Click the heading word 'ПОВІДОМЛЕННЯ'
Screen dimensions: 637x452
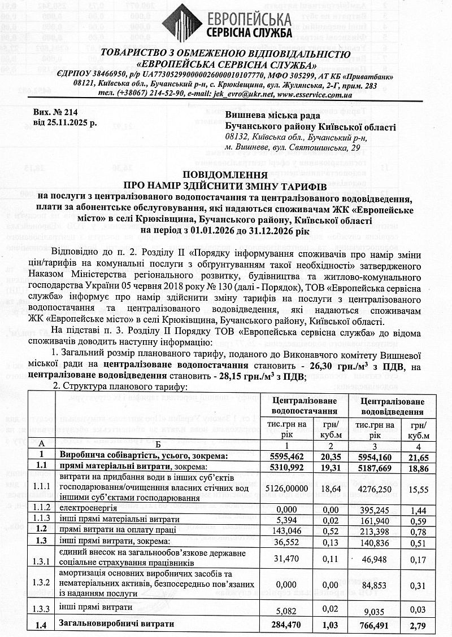[226, 175]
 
